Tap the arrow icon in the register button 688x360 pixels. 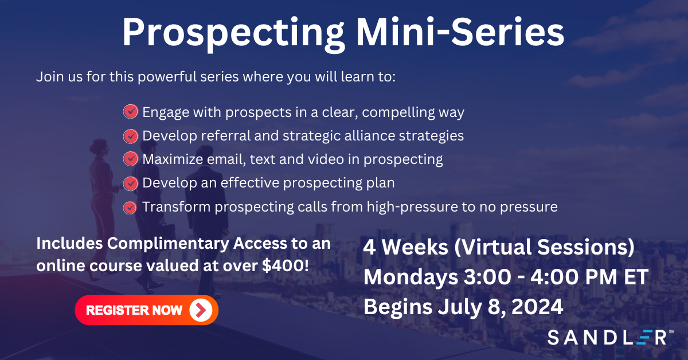coord(200,310)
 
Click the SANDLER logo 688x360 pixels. coord(607,337)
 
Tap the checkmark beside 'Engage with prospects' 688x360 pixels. coord(131,112)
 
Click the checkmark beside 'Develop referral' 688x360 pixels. coord(131,136)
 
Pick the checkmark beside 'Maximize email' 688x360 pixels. coord(131,159)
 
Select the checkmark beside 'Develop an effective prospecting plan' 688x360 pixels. coord(131,183)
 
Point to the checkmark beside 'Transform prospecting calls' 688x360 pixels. coord(131,207)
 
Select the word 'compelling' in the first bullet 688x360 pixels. coord(399,112)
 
